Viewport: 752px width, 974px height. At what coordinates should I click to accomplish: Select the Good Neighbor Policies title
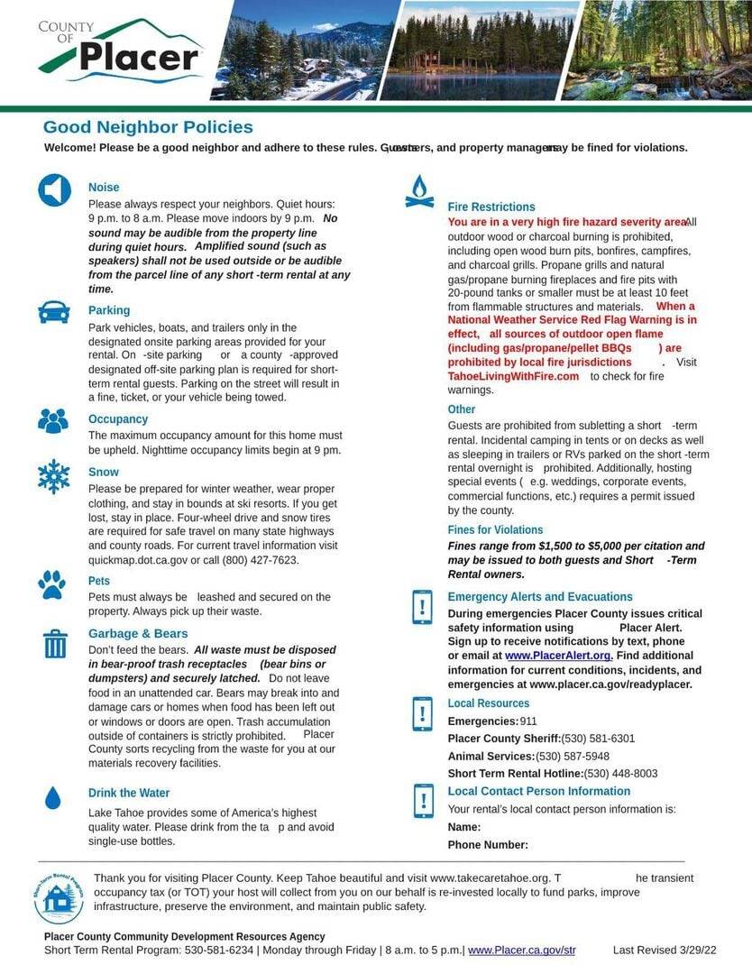(x=148, y=127)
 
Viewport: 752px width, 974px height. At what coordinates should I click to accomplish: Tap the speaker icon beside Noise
(x=54, y=190)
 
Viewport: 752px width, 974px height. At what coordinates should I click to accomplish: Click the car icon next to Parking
(x=54, y=312)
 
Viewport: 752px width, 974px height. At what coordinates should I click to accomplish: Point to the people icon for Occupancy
(x=53, y=420)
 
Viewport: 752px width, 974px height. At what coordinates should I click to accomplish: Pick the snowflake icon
(x=54, y=475)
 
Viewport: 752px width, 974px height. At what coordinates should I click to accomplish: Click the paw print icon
(x=52, y=584)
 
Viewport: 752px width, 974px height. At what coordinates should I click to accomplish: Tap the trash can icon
(x=55, y=644)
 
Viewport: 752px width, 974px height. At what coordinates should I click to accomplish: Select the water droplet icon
(x=53, y=798)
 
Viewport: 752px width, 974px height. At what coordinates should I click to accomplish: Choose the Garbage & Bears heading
(x=138, y=633)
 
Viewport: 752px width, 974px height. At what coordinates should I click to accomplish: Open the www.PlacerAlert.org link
(x=558, y=656)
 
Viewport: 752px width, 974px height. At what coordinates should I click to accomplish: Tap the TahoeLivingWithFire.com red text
(x=513, y=376)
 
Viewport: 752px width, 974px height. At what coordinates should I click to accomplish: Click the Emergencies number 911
(x=528, y=721)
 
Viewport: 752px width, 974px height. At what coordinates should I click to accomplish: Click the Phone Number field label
(x=488, y=845)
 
